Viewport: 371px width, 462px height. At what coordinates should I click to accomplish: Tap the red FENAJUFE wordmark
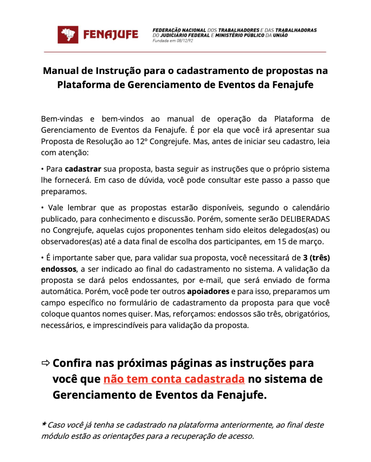111,35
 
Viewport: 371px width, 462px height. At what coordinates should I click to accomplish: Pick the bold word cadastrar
83,169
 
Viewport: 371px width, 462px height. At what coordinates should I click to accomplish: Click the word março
318,241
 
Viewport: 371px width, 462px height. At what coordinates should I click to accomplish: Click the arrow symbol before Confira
46,363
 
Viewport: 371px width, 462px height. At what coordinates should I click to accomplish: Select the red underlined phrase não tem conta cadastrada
174,379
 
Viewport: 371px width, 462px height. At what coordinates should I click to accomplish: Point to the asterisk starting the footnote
43,425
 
